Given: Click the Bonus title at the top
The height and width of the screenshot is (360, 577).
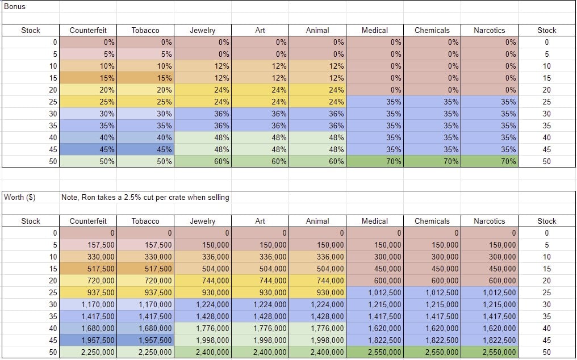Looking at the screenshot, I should tap(15, 7).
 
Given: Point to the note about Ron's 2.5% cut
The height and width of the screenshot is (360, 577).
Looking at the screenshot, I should tap(145, 198).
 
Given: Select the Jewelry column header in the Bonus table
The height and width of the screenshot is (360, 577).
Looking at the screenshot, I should tap(202, 30).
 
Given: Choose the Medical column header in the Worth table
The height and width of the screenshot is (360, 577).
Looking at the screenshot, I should tap(374, 221).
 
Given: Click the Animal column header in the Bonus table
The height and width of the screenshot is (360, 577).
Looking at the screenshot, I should tap(317, 30).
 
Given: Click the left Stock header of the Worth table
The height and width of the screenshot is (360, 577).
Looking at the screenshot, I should tap(30, 221).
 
